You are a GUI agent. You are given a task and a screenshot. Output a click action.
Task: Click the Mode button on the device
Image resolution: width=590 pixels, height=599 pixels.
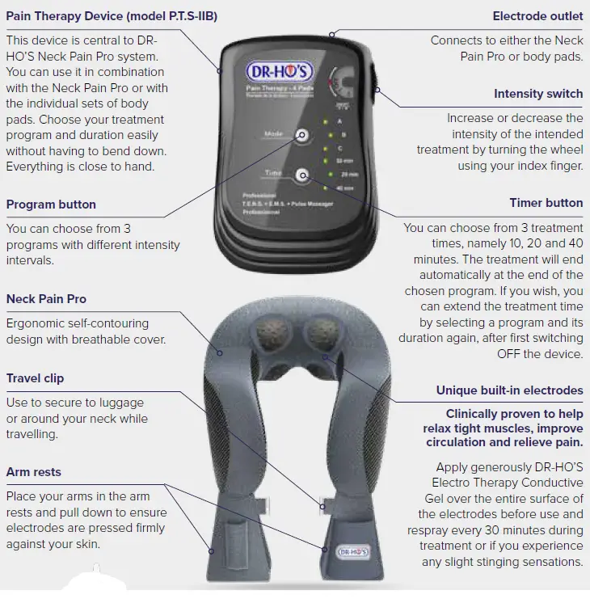pyautogui.click(x=302, y=136)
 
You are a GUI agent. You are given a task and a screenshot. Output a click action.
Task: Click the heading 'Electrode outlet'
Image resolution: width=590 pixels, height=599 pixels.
pyautogui.click(x=537, y=16)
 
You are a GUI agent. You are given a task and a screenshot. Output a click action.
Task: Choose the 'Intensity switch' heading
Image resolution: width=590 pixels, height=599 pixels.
pyautogui.click(x=538, y=94)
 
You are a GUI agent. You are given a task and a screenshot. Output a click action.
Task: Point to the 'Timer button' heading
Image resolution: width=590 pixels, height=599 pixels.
pyautogui.click(x=546, y=203)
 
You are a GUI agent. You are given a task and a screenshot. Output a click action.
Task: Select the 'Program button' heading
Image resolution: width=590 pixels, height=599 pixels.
pyautogui.click(x=51, y=205)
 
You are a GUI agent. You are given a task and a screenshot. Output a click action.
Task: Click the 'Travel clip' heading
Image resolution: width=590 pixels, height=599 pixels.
pyautogui.click(x=35, y=378)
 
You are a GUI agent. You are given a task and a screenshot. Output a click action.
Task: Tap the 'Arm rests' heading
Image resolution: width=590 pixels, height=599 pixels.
pyautogui.click(x=33, y=471)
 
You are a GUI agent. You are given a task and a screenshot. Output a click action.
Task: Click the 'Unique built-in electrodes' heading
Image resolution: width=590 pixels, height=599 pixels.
pyautogui.click(x=509, y=390)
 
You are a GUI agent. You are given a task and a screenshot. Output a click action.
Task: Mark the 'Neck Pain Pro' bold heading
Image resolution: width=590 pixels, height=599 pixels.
pyautogui.click(x=46, y=299)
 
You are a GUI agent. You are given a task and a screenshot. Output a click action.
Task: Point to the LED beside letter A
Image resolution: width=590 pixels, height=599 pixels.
pyautogui.click(x=325, y=121)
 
